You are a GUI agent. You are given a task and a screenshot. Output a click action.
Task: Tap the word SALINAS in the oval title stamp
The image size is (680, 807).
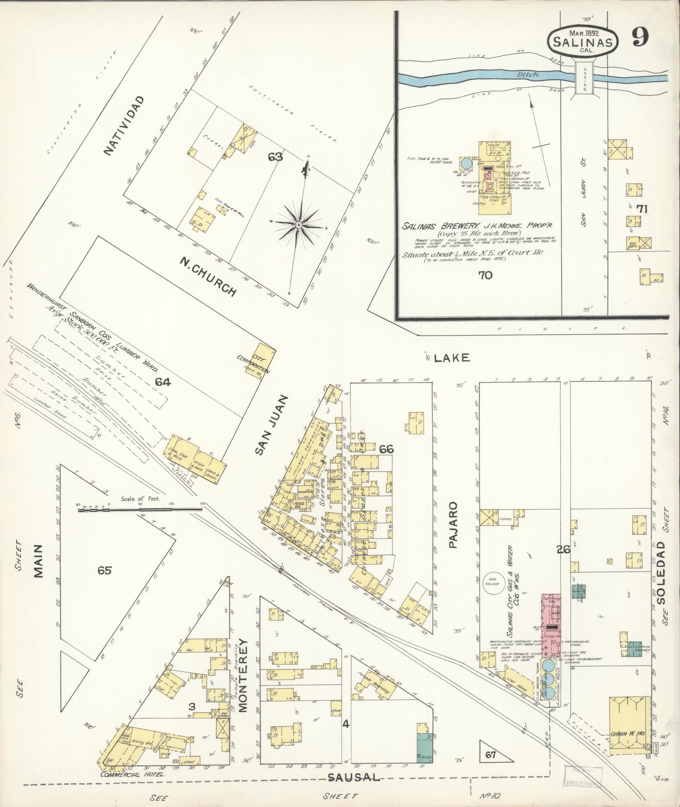coord(583,42)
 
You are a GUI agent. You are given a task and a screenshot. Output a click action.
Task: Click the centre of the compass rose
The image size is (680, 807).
coord(298,225)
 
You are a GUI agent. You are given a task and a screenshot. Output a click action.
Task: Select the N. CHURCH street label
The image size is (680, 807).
coord(207,276)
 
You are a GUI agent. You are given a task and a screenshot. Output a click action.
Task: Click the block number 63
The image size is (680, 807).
coord(275,157)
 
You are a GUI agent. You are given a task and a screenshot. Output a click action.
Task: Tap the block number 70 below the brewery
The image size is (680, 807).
coord(485,275)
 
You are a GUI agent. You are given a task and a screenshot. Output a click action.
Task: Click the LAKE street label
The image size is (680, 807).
coord(452,358)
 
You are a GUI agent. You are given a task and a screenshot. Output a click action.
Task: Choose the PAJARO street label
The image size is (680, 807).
coord(453,524)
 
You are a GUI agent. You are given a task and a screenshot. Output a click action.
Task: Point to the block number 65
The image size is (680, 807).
coord(104,570)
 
